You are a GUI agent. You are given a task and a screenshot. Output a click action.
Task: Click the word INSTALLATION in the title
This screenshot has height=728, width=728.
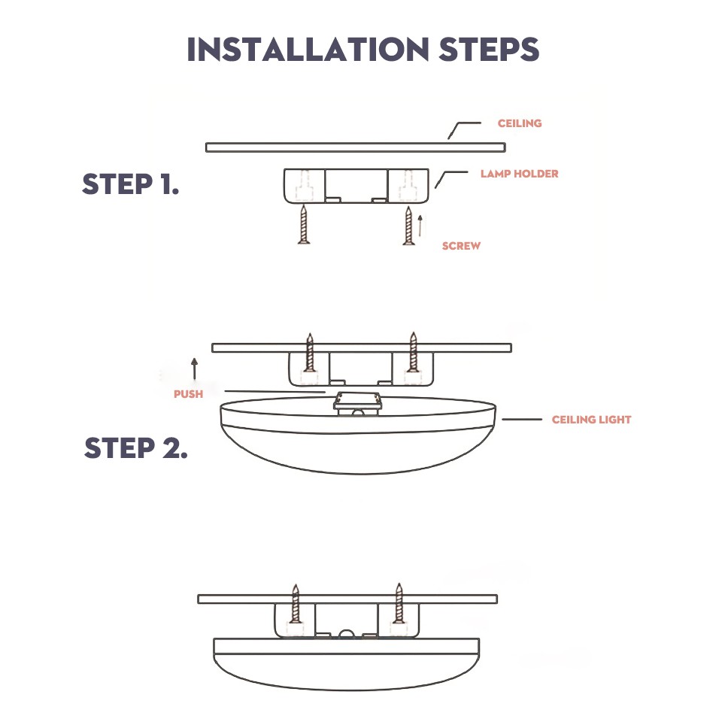(305, 50)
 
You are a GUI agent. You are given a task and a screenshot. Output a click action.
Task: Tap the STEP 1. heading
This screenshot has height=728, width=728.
(131, 184)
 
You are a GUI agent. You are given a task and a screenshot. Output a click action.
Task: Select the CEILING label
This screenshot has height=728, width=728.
(520, 123)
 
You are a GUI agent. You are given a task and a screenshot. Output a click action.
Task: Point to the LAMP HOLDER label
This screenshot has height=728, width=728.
(520, 174)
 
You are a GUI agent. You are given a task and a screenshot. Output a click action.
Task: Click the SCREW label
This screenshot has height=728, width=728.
(461, 246)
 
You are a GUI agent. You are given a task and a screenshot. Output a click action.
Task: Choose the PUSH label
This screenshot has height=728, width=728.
(188, 394)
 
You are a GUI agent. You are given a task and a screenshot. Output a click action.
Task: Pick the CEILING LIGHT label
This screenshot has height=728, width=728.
(591, 420)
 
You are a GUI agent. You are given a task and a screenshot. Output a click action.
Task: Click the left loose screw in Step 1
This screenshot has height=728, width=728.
(304, 225)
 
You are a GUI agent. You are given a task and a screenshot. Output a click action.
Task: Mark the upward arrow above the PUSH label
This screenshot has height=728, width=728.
(194, 368)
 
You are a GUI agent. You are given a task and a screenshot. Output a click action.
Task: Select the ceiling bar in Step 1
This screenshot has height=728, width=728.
(355, 147)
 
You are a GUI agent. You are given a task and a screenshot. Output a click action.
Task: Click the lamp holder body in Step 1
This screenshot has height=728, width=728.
(356, 185)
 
